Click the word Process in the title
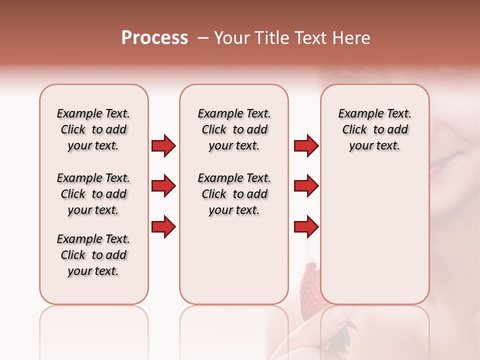click(154, 38)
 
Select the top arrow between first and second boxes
click(163, 145)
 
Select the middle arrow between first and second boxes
click(163, 186)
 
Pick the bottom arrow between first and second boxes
click(163, 227)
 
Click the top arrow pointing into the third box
click(306, 145)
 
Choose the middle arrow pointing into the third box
click(306, 186)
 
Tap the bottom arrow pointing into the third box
click(306, 227)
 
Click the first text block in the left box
click(93, 129)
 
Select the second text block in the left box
click(93, 194)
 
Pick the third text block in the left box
click(93, 255)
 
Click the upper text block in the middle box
click(234, 129)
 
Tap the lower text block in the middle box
click(234, 194)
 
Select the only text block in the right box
click(374, 129)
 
